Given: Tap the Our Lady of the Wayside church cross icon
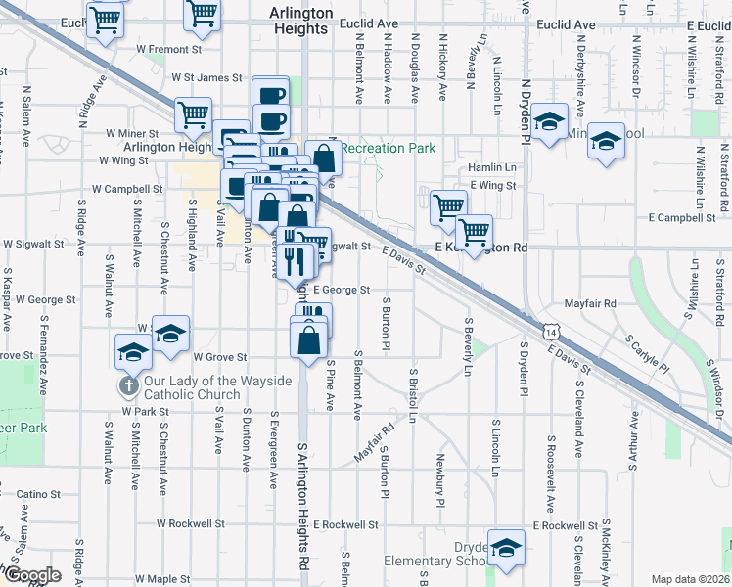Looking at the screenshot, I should tap(127, 385).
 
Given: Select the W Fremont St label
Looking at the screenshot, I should tap(168, 48).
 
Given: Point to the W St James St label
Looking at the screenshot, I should tap(206, 77).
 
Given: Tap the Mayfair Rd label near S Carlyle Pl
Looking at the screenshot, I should tap(596, 304).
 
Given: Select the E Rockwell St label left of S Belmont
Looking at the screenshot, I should tap(346, 524).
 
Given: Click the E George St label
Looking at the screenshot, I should tap(342, 290).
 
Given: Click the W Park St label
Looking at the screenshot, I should tap(147, 412).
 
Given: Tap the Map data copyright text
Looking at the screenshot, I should tap(689, 579).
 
